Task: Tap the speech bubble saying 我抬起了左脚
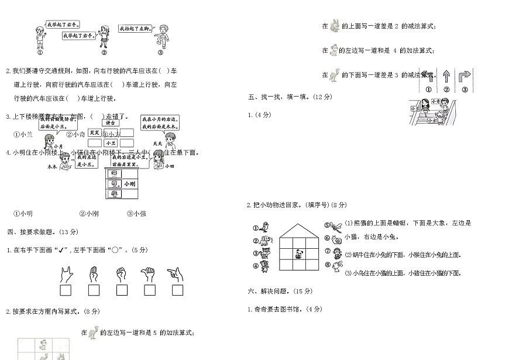[x=136, y=28]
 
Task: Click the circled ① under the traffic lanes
[x=428, y=90]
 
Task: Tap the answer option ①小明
[x=23, y=214]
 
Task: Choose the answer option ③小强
[x=136, y=214]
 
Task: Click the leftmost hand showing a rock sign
[x=66, y=273]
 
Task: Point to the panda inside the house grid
[x=299, y=254]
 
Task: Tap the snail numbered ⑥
[x=336, y=239]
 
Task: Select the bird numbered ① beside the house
[x=265, y=227]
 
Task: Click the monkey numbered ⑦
[x=336, y=253]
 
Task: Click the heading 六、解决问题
[x=276, y=291]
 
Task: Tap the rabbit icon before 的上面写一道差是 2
[x=335, y=26]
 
